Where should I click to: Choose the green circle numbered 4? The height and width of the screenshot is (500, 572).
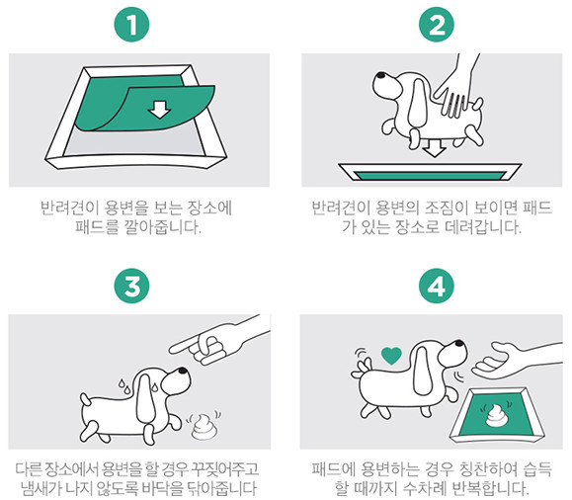point(436,287)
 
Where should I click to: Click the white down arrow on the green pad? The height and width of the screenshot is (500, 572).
point(156,110)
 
